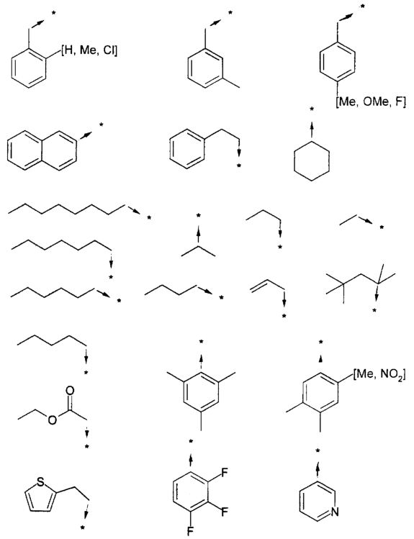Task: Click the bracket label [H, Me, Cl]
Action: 89,51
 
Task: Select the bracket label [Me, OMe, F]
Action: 371,102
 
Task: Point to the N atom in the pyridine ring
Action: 335,512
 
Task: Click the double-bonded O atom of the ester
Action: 70,391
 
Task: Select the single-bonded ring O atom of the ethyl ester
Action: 53,420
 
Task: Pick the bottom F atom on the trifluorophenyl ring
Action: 190,531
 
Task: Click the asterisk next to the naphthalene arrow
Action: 101,125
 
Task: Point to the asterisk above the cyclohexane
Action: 312,109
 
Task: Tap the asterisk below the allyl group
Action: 284,316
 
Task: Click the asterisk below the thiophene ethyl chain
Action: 83,527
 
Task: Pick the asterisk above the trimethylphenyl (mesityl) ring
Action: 202,341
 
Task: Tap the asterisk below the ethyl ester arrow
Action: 87,447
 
